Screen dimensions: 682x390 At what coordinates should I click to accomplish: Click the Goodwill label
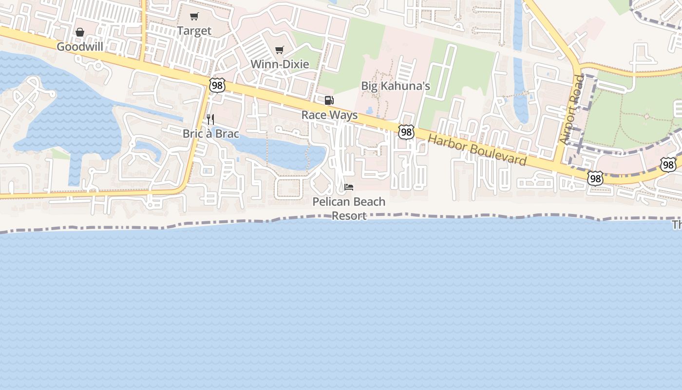point(80,47)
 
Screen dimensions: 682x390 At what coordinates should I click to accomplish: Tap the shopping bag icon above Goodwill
point(80,33)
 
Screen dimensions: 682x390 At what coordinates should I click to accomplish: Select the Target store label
point(194,31)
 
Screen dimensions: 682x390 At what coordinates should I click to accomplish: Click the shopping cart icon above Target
point(194,17)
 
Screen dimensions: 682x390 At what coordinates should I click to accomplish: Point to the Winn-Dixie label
point(280,64)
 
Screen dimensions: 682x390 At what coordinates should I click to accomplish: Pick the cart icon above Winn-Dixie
point(280,50)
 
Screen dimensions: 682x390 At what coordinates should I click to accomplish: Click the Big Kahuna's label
point(395,86)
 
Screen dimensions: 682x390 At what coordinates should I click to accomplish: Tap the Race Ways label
point(329,115)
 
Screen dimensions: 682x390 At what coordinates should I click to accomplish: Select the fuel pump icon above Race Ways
point(329,100)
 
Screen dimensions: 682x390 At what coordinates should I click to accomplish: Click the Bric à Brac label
point(210,133)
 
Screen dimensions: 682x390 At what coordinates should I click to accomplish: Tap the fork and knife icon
point(210,119)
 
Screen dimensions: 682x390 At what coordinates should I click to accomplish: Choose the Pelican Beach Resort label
point(349,208)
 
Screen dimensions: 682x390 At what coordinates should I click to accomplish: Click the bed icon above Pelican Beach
point(349,187)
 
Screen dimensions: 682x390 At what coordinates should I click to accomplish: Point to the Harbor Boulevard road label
point(477,150)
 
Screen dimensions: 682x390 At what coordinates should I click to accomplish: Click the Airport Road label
point(571,110)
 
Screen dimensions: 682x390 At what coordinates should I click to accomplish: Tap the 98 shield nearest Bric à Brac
point(217,85)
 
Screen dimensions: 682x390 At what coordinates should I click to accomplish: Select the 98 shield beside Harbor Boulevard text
point(406,132)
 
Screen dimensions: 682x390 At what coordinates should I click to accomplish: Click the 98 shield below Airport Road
point(595,178)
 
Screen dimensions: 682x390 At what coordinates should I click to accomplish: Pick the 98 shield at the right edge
point(669,165)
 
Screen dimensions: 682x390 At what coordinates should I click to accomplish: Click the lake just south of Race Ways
point(287,151)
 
